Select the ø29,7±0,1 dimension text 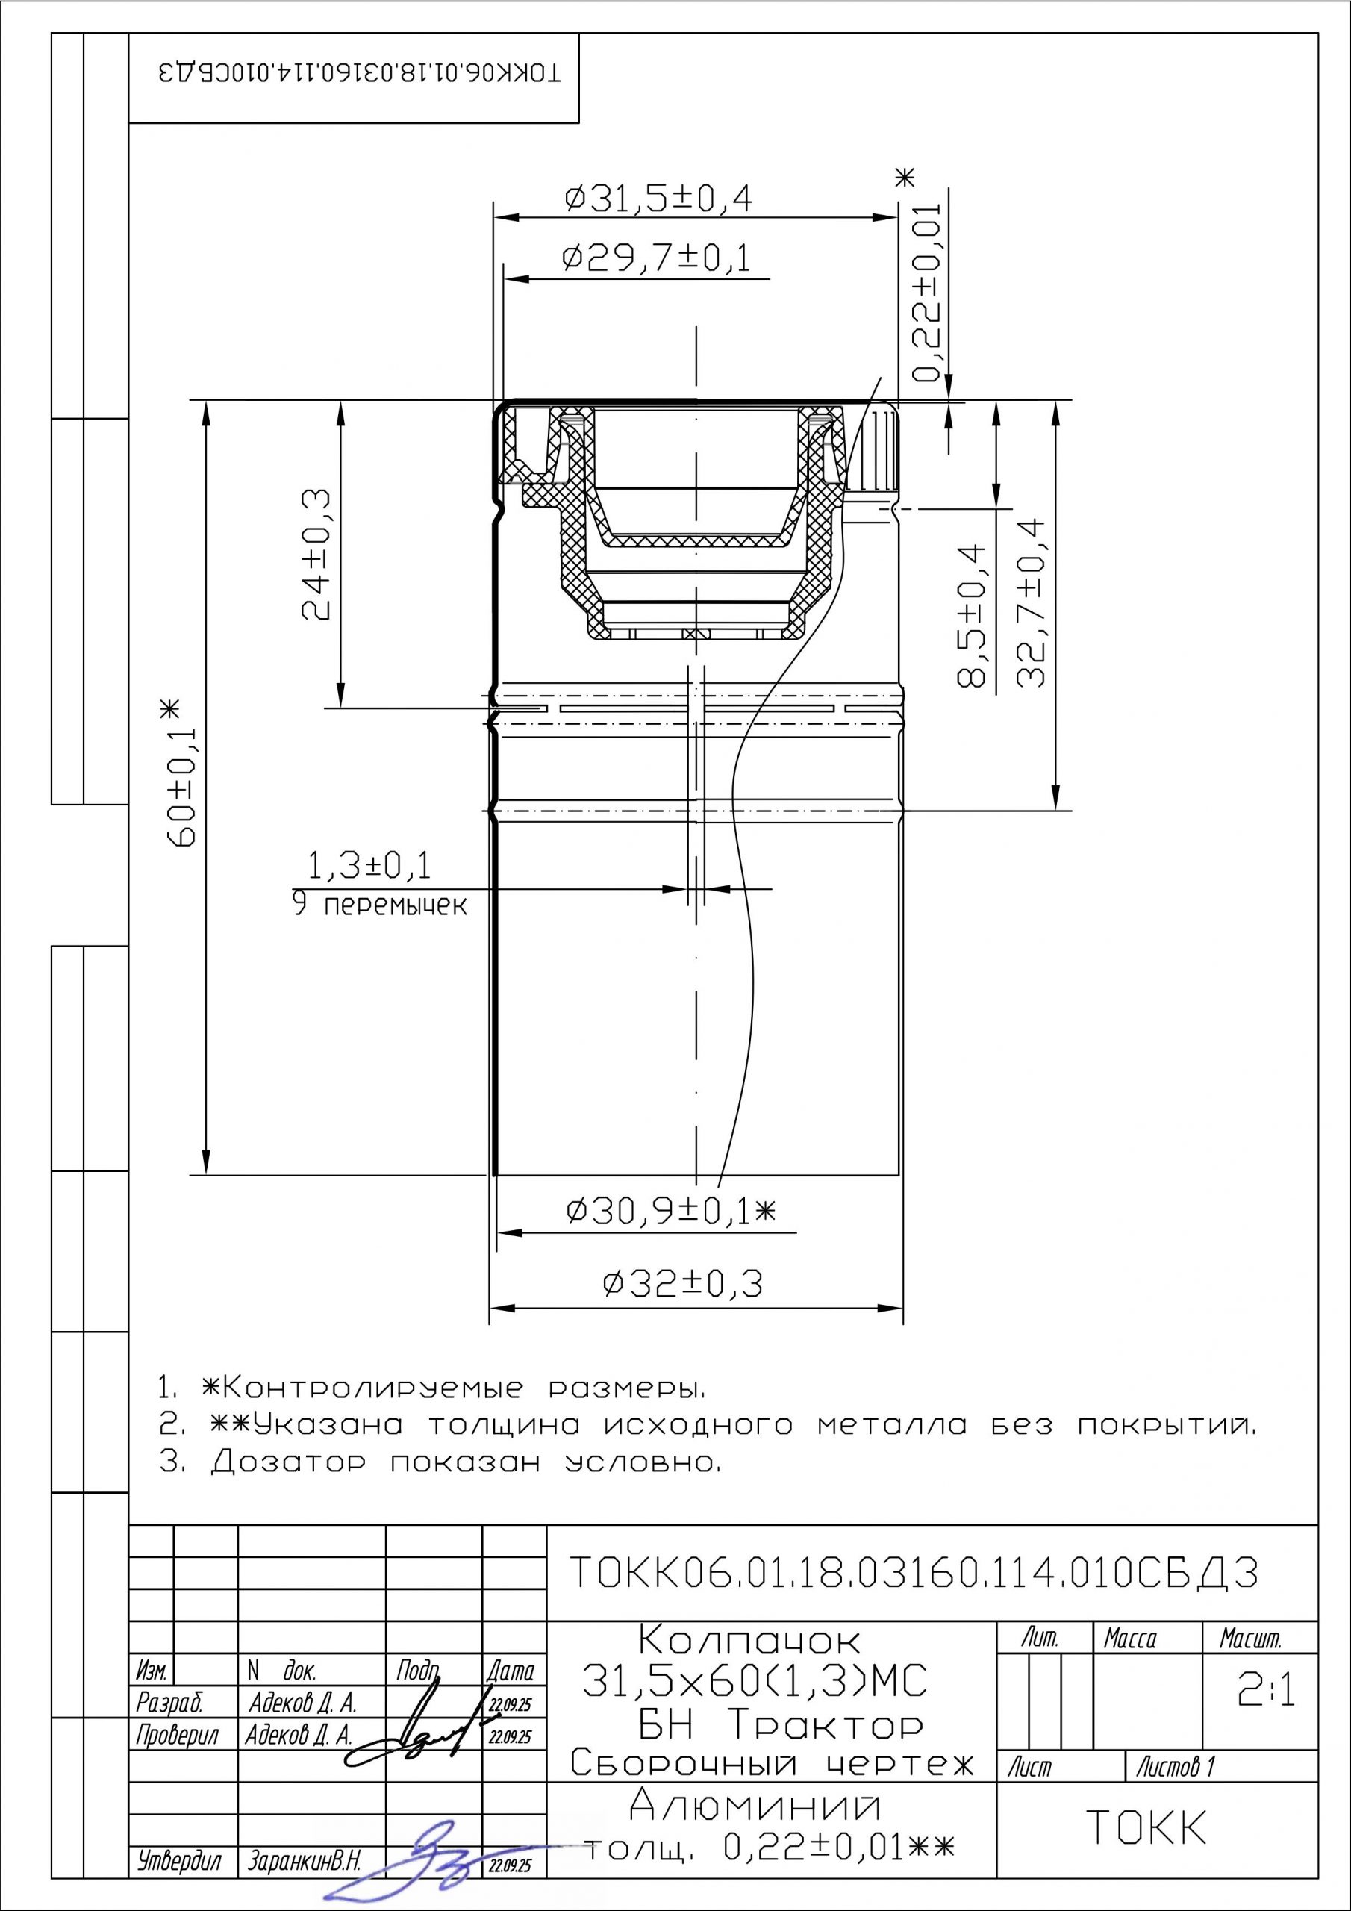pyautogui.click(x=656, y=260)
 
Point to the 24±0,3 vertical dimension pyautogui.click(x=316, y=555)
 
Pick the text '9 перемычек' pyautogui.click(x=380, y=905)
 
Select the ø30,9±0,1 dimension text pyautogui.click(x=670, y=1210)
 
